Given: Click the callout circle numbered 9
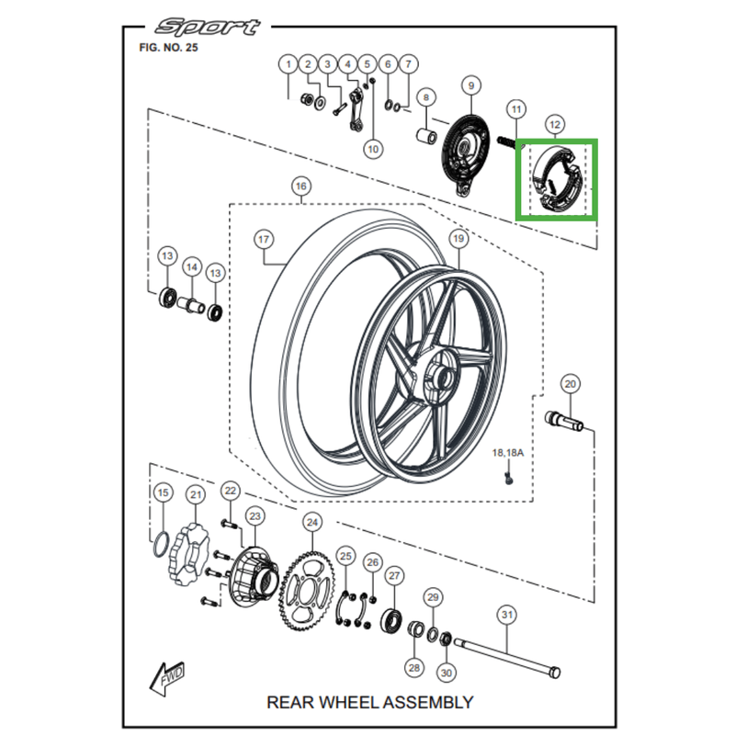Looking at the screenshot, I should [x=470, y=86].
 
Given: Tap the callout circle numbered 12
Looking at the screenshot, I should [x=553, y=124].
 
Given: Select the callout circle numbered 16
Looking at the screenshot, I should [x=300, y=187].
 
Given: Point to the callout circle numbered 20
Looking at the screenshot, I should [x=570, y=383].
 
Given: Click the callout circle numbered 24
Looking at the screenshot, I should [x=312, y=523].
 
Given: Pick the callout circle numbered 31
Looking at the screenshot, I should [x=506, y=614].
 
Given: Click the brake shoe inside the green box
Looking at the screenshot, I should [x=557, y=178].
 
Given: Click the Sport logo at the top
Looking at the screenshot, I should [x=207, y=27].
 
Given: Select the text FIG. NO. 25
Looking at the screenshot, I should [x=167, y=48].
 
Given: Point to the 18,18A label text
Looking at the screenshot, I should [x=507, y=453].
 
